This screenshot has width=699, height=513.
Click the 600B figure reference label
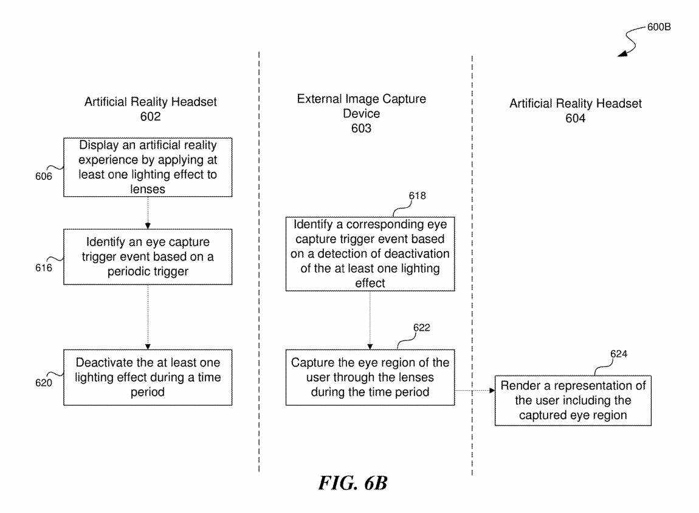[659, 27]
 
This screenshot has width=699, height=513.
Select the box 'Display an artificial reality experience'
[148, 167]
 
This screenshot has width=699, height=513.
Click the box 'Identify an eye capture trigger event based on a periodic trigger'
[148, 257]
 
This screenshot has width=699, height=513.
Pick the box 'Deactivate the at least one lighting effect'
[148, 377]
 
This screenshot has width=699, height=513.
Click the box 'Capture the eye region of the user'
[370, 377]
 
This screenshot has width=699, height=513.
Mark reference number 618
[418, 196]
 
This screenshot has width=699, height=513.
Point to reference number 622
[421, 328]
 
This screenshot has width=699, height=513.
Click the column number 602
[150, 117]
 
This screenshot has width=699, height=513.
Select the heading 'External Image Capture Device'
[361, 105]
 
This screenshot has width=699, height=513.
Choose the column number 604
[575, 120]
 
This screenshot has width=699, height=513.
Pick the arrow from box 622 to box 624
[475, 391]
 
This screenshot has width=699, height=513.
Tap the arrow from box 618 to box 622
[370, 319]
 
